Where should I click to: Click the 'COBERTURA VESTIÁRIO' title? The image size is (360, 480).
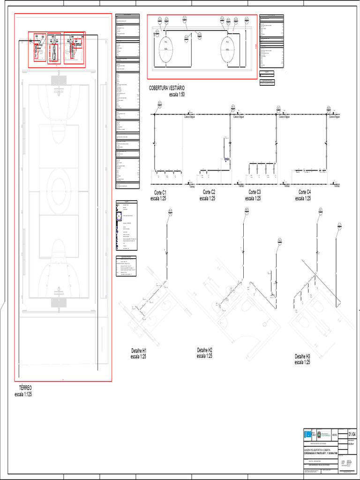click(x=167, y=88)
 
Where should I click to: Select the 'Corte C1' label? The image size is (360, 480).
click(x=161, y=193)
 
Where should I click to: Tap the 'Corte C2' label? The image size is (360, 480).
click(x=209, y=192)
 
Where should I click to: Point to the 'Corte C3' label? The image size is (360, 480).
click(x=255, y=192)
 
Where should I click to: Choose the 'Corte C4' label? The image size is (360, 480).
click(x=305, y=192)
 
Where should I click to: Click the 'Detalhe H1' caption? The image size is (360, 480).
click(x=139, y=351)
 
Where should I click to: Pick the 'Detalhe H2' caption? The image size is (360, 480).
click(x=205, y=350)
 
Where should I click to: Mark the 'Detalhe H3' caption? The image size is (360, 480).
click(x=302, y=356)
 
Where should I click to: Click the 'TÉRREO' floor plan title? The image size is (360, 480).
click(x=25, y=389)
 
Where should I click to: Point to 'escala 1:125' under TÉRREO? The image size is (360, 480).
click(x=23, y=394)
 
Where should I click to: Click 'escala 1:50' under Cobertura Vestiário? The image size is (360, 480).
click(x=177, y=94)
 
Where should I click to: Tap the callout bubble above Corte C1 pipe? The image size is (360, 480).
click(x=159, y=105)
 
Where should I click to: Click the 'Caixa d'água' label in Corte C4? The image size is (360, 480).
click(x=334, y=117)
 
